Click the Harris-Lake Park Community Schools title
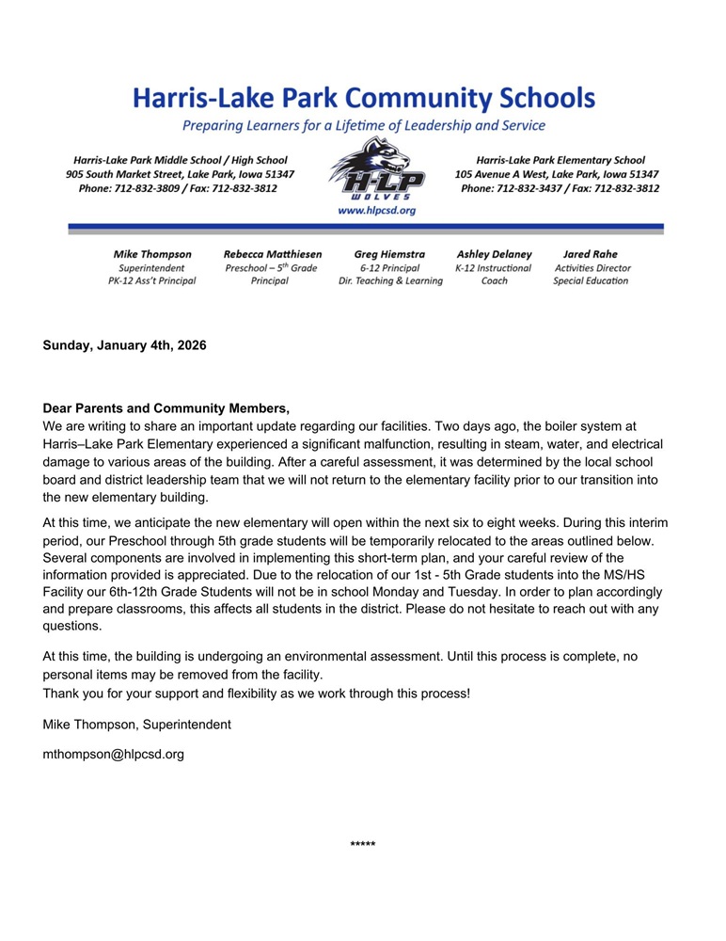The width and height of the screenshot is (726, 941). (363, 98)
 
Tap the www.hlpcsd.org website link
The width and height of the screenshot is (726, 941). (376, 211)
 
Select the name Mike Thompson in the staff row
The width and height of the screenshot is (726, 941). (152, 254)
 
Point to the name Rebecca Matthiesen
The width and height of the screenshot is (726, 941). (273, 254)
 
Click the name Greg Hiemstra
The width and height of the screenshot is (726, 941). (389, 254)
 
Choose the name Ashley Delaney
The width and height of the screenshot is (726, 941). (494, 254)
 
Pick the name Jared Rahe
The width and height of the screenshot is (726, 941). (591, 254)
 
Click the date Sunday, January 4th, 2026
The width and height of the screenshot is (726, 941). (124, 345)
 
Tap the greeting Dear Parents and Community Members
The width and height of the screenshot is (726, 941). (166, 408)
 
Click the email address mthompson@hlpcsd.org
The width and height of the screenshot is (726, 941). (114, 754)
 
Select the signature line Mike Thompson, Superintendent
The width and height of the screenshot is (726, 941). (136, 724)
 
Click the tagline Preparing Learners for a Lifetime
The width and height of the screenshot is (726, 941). (363, 125)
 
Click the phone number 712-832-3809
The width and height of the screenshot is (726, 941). (152, 188)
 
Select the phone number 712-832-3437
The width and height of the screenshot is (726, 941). (535, 188)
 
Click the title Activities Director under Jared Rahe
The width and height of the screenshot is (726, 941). (592, 267)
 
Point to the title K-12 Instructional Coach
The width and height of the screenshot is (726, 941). (494, 274)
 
